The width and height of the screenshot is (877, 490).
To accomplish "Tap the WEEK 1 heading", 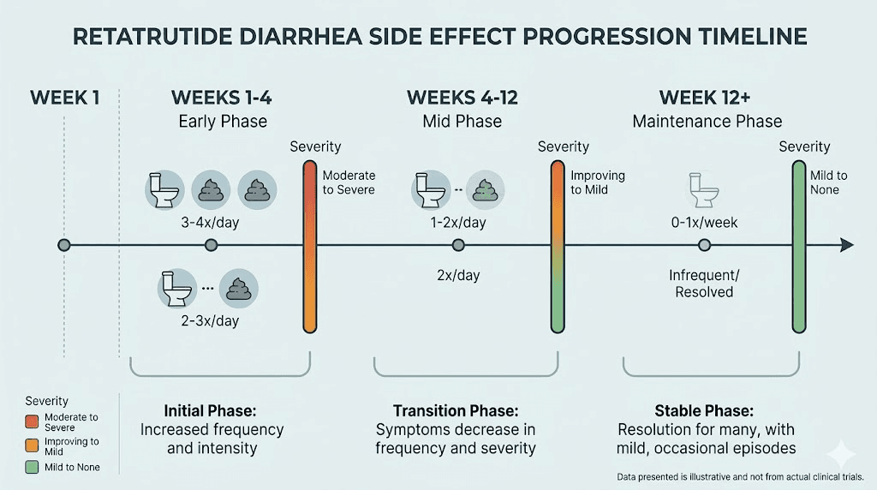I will [64, 97].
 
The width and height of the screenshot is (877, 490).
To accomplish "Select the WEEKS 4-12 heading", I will [462, 97].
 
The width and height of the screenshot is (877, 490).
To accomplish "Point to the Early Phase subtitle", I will [223, 121].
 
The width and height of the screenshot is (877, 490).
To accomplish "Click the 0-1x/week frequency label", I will [704, 223].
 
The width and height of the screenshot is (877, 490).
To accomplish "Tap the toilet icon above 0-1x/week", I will [704, 188].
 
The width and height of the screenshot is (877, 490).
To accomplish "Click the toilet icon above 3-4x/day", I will [163, 188].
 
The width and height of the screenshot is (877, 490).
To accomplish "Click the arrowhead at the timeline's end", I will [847, 245].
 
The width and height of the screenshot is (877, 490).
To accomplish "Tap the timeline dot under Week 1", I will [64, 245].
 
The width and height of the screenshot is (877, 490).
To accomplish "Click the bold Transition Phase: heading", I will [456, 410].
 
